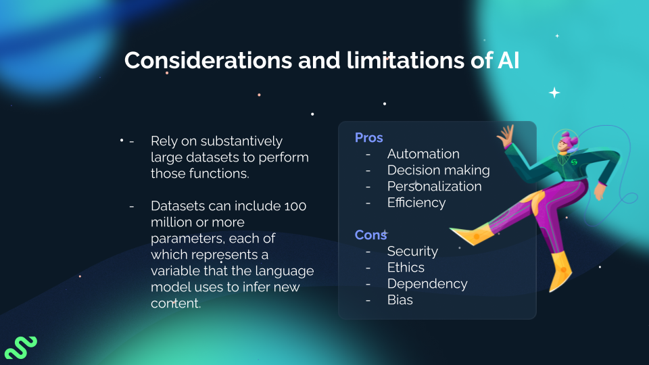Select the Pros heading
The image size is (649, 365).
pos(369,138)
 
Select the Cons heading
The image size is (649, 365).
pos(370,235)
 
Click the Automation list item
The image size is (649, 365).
pos(423,154)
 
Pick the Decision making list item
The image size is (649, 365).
pos(438,170)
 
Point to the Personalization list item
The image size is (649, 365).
pos(434,187)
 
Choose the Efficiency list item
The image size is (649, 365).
pos(416,203)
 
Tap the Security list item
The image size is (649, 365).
pos(412,251)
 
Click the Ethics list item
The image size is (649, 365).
pos(406,268)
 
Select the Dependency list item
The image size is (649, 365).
pos(427,284)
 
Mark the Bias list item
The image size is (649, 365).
pos(400,300)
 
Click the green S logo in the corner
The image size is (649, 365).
pos(20,346)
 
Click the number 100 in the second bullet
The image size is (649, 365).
pos(295,206)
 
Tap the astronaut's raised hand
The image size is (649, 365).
pos(505,135)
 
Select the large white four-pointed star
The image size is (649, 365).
pos(554,93)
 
